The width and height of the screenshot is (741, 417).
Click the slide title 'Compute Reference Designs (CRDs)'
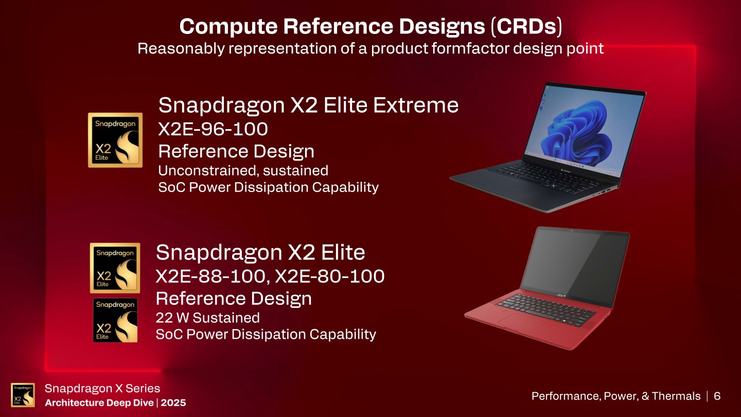coord(370,27)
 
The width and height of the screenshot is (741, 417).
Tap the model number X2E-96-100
coord(213,129)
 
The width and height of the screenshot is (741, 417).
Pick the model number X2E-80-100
coord(330,276)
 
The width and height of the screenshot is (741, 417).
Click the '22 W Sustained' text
coord(207,318)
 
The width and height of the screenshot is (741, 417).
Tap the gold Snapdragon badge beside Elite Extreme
coord(115,140)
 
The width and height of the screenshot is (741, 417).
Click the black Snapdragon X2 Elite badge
coord(115,320)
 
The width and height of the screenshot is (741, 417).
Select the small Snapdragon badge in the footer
coord(23,395)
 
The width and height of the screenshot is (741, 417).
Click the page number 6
coord(717,396)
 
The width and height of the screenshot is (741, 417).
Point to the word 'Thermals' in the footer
coord(676,396)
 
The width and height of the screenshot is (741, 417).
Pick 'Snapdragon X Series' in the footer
coord(102,389)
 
